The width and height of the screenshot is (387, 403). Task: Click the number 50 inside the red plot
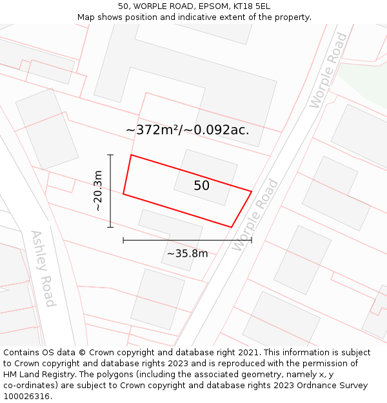201,186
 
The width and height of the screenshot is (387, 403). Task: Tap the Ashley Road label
43,268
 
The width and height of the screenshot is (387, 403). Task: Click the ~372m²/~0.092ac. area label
187,130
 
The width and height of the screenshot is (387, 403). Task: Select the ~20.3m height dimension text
97,191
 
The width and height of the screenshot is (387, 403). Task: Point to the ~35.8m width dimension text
187,253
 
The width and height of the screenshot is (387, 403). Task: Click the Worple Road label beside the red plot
255,215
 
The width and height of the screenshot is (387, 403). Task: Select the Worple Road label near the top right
328,70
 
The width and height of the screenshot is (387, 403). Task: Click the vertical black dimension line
110,191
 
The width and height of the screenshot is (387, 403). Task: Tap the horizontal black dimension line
187,240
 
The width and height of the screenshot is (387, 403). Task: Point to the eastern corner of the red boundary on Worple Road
251,191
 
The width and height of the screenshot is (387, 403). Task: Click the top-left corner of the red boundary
131,155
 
